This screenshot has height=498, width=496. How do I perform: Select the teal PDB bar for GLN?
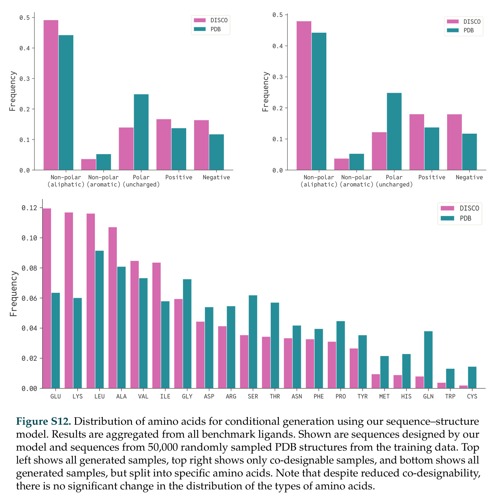point(428,359)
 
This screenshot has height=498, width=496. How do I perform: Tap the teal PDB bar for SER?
point(253,342)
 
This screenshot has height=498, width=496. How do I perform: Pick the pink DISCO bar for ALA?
point(112,308)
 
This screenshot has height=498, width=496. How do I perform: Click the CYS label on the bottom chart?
point(472,396)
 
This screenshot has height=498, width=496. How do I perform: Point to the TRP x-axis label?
point(450,396)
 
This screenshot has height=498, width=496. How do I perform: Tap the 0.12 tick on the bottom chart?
point(29,208)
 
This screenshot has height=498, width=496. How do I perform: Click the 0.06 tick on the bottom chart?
point(29,298)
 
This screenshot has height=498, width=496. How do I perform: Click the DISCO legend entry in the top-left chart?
point(211,20)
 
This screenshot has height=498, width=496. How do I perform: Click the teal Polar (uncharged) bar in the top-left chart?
point(141,132)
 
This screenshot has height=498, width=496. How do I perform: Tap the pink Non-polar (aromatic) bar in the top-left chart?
point(88,164)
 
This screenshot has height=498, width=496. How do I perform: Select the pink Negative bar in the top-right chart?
point(454,142)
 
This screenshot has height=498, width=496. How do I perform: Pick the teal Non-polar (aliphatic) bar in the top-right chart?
point(319,101)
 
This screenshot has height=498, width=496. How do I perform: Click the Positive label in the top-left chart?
point(179,177)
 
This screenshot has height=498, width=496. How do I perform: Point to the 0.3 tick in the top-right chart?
point(277,77)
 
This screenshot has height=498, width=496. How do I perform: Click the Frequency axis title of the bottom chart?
point(13,294)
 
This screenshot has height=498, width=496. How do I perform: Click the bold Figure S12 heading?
point(43,421)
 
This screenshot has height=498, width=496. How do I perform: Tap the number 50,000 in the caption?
point(163,447)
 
